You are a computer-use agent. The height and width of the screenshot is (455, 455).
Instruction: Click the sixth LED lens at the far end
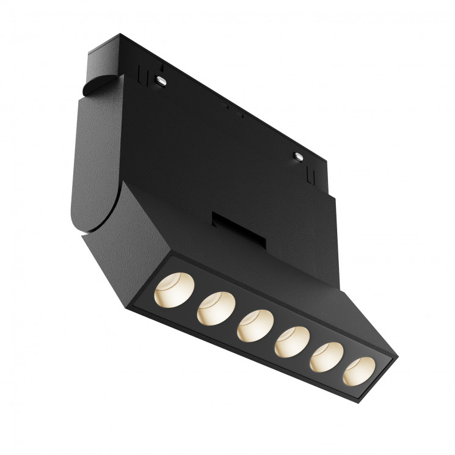click(x=360, y=372)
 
